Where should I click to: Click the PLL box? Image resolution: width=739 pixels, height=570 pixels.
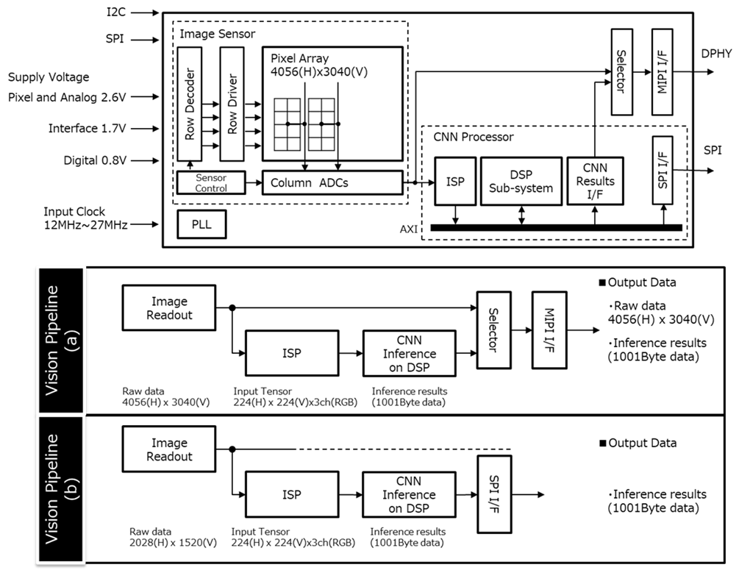[201, 224]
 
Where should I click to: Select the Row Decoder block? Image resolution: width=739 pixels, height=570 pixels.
[189, 104]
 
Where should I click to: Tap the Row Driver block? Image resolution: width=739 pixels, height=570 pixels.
[232, 104]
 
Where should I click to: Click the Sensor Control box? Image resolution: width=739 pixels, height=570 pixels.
[211, 182]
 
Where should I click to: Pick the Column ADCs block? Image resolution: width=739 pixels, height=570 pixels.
[332, 182]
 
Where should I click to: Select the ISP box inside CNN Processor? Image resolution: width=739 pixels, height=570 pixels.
[455, 182]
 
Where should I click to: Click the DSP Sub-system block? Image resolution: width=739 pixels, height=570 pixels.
[521, 182]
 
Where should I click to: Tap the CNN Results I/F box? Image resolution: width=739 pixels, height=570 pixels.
[595, 181]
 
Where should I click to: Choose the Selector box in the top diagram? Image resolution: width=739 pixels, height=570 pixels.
[621, 72]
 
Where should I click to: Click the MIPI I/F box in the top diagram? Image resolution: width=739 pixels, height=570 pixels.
[663, 72]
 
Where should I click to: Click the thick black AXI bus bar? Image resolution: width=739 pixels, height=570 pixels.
[556, 228]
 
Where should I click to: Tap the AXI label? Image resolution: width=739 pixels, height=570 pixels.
[409, 229]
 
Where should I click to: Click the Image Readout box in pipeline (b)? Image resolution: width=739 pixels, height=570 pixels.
[169, 449]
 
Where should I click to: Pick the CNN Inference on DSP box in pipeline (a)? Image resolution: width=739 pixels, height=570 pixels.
[410, 353]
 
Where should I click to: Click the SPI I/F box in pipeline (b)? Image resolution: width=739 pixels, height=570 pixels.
[494, 494]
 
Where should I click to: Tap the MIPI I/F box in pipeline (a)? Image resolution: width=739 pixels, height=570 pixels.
[549, 329]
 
